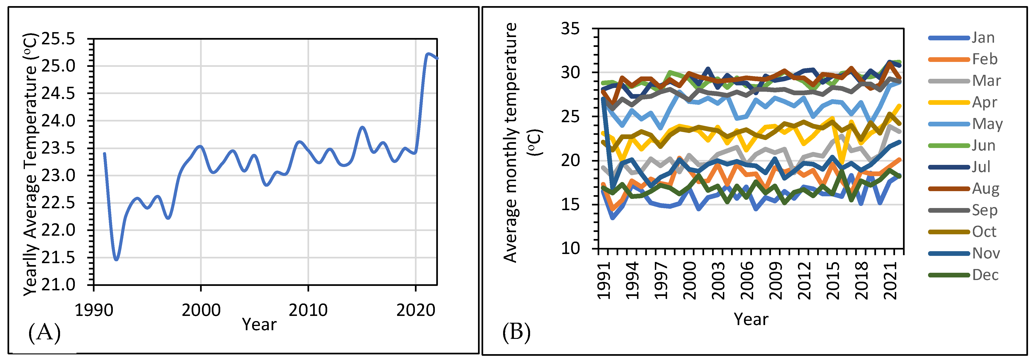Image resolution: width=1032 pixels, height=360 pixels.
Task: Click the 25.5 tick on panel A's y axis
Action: pos(58,39)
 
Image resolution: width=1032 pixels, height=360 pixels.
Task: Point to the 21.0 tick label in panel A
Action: pos(58,285)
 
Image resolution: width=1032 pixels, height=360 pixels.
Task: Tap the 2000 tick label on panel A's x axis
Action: pos(201,310)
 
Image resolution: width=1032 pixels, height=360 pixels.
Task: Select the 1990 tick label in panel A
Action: pos(94,310)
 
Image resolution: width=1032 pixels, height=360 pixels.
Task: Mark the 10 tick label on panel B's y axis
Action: pos(570,248)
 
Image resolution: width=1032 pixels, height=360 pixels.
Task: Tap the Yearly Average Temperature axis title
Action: pos(30,164)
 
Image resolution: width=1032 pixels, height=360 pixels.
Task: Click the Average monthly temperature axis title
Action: pos(521,142)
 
